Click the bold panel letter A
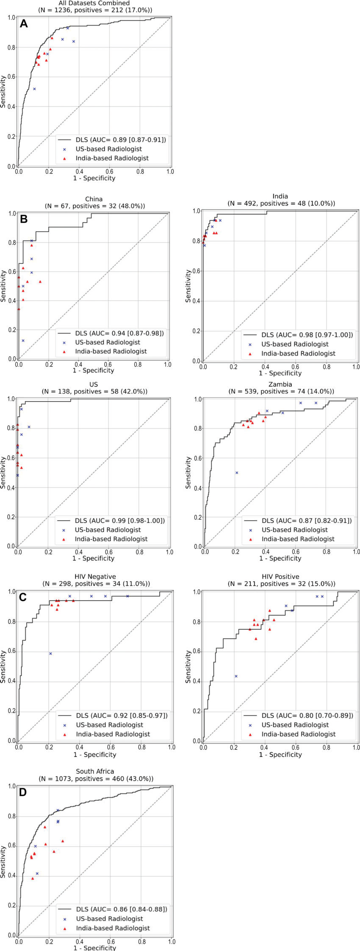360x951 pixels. tap(24, 24)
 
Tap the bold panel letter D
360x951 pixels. tap(23, 792)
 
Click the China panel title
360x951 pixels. tap(94, 199)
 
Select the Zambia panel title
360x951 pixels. tap(280, 384)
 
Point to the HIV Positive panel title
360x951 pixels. tap(281, 577)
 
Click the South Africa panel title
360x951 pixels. tap(95, 771)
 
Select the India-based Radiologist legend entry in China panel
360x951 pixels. tap(111, 351)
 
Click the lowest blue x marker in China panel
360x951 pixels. tap(23, 341)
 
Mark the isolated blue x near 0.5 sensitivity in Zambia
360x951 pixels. tap(237, 473)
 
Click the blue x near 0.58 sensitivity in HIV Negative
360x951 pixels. tap(50, 654)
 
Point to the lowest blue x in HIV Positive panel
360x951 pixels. tap(236, 676)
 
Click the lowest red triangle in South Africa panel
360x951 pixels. tap(33, 879)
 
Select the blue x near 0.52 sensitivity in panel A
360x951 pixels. tap(34, 89)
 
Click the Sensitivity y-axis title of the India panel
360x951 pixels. tap(188, 286)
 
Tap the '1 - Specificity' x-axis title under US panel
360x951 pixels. tap(93, 558)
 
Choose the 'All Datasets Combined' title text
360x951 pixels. tap(94, 3)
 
